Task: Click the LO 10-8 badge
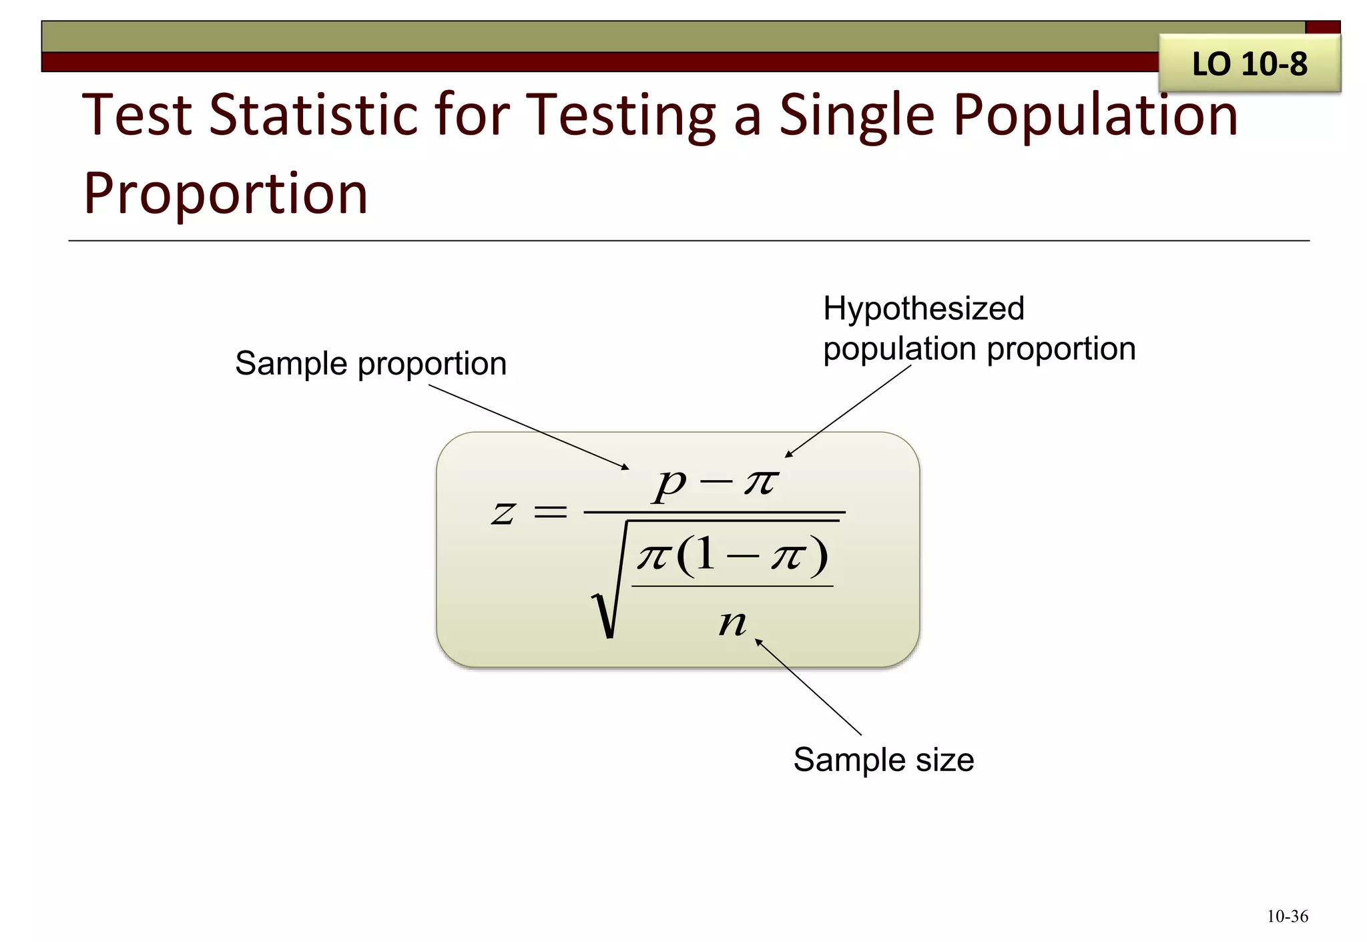coord(1249,64)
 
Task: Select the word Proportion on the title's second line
coord(226,194)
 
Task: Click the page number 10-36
coord(1287,917)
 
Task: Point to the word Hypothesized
coord(923,308)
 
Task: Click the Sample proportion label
coord(370,364)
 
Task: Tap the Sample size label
coord(883,760)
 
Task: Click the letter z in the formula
coord(503,513)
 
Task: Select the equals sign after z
coord(551,513)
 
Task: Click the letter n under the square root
coord(732,623)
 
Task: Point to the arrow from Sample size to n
coord(808,687)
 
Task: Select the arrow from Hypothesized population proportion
coord(848,411)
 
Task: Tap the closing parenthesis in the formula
coord(819,555)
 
